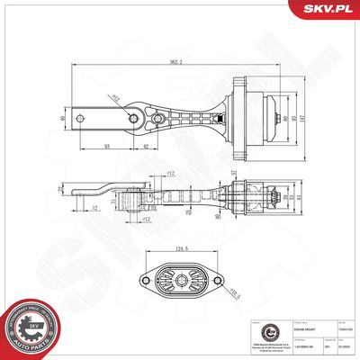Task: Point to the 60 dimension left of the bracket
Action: coord(62,117)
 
